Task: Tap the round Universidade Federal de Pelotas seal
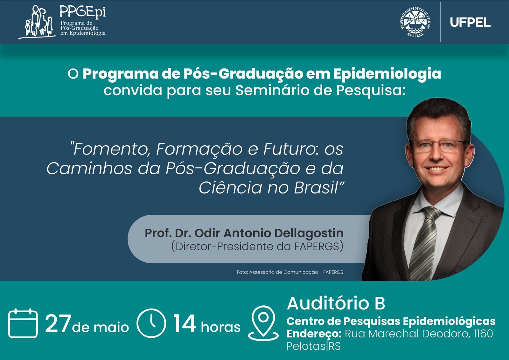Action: tap(415, 22)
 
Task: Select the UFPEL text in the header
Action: tap(470, 23)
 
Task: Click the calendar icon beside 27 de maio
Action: tap(23, 323)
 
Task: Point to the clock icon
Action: tap(151, 323)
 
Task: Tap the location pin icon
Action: tap(263, 323)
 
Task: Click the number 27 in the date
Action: tap(58, 324)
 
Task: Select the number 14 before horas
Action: tap(185, 323)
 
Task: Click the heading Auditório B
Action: tap(336, 303)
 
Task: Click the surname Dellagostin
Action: tap(309, 233)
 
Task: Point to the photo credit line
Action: tap(290, 272)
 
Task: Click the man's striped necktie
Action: tap(424, 243)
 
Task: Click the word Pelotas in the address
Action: tap(306, 346)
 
